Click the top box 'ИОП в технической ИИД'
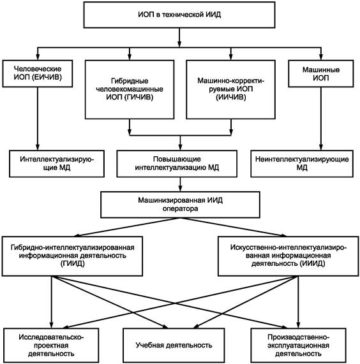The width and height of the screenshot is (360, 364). coord(179,15)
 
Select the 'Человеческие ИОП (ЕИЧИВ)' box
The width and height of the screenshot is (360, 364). coord(38,73)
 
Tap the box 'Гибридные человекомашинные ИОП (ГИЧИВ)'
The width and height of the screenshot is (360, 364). coord(130,90)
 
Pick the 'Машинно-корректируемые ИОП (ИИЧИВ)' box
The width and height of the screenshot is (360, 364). coord(231,90)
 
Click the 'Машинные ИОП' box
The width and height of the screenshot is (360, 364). coord(321,73)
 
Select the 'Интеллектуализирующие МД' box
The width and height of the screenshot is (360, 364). coord(57,164)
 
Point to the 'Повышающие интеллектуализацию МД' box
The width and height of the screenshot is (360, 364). coord(177,164)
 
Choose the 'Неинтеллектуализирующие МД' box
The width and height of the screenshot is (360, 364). coord(302,164)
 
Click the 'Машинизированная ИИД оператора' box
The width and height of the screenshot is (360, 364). coord(180,205)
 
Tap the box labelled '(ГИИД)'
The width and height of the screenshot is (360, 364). coord(72,256)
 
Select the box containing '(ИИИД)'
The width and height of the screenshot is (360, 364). coord(288,256)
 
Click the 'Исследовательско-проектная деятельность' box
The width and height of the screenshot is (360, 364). coord(51,346)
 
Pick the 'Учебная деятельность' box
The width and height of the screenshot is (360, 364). coord(174,346)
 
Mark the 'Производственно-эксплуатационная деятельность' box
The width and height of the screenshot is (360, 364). coord(298,346)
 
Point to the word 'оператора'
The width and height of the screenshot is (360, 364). coord(180,208)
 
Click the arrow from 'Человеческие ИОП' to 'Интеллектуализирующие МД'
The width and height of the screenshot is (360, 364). coord(38,119)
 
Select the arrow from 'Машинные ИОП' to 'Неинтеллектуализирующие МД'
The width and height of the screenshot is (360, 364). coord(321,119)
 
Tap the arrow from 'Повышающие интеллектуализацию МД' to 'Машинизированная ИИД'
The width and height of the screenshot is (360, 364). coord(180,184)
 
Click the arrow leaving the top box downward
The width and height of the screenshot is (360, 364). coord(179,38)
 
